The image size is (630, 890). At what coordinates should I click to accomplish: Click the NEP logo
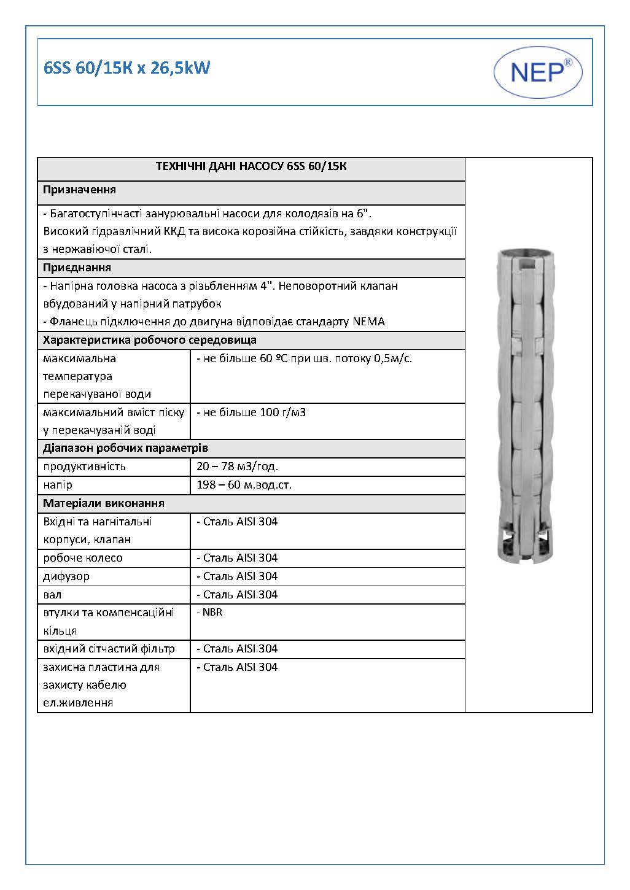[x=538, y=72]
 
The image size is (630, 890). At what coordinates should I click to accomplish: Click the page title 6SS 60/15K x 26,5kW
[x=127, y=68]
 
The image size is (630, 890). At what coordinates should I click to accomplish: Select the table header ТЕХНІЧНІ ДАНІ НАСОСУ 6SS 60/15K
[x=251, y=166]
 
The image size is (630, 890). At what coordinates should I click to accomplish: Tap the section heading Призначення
[x=79, y=190]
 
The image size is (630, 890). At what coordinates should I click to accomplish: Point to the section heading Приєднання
[x=77, y=268]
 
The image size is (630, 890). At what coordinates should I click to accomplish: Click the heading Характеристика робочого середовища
[x=150, y=340]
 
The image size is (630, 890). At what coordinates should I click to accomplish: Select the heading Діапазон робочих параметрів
[x=125, y=448]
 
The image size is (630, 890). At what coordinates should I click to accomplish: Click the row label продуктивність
[x=84, y=466]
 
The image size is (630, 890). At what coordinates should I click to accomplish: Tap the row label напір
[x=58, y=485]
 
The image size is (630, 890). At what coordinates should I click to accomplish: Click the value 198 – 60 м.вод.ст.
[x=244, y=485]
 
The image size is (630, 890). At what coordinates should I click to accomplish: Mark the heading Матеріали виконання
[x=103, y=503]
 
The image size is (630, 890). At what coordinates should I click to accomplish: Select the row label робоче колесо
[x=83, y=558]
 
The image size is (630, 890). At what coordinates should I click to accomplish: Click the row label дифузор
[x=66, y=576]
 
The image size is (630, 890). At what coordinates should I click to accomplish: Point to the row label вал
[x=52, y=595]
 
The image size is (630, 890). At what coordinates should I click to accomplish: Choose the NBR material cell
[x=209, y=613]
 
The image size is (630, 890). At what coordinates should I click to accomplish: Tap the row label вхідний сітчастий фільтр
[x=109, y=649]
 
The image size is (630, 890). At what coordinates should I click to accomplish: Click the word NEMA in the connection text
[x=369, y=322]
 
